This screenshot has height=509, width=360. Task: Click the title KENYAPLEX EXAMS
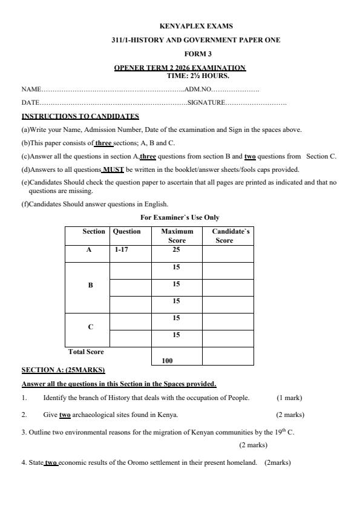195,27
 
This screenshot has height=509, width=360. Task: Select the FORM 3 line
195,53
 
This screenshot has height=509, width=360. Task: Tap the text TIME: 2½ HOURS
198,76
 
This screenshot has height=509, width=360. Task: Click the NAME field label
31,90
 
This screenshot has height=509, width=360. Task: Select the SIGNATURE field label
206,103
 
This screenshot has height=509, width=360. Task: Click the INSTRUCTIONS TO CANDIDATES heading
80,116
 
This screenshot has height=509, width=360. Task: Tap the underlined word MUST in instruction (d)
113,169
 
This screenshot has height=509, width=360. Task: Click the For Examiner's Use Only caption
180,217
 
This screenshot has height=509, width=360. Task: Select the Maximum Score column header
177,235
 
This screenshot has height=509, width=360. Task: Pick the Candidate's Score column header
227,235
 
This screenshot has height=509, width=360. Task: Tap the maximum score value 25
176,249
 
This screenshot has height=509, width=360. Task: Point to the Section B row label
90,285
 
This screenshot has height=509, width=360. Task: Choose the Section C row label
90,327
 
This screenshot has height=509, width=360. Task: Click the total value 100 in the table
168,361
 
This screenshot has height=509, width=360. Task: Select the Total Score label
85,352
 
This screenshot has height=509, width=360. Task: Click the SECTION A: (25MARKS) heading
63,370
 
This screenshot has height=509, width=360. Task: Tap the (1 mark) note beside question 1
289,398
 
